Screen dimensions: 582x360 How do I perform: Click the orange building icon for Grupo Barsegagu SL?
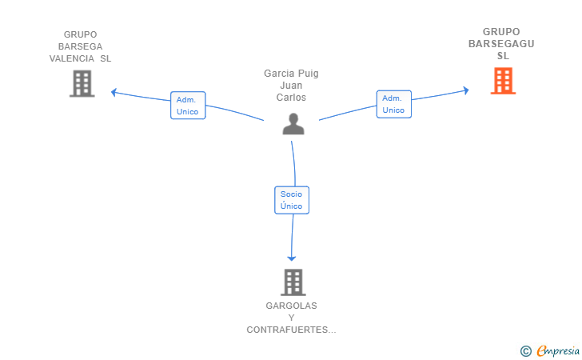[503, 81]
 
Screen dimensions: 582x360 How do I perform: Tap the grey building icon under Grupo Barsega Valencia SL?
[82, 83]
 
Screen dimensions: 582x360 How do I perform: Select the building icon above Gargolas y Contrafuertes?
[293, 282]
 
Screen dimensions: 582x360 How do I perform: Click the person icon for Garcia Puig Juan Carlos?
[293, 124]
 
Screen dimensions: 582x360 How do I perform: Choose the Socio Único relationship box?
[292, 200]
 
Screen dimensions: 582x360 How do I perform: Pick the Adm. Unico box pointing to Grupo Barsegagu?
[394, 104]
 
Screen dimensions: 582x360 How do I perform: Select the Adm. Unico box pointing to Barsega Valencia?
[188, 106]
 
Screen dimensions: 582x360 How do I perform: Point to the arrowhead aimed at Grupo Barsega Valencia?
[114, 92]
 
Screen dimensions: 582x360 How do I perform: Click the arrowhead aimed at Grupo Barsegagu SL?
[466, 90]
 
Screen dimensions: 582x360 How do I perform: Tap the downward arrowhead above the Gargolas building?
[292, 258]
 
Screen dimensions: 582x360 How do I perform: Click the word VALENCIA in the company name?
[72, 58]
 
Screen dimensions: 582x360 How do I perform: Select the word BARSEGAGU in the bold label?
[501, 44]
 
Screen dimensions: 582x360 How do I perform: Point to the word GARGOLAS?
[291, 306]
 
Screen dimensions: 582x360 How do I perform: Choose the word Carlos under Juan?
[291, 98]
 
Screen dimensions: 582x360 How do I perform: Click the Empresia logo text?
[558, 350]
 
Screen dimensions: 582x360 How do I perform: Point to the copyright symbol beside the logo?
[525, 351]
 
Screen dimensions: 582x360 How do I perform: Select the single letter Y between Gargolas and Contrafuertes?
[291, 318]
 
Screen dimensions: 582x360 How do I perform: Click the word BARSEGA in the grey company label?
[80, 46]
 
